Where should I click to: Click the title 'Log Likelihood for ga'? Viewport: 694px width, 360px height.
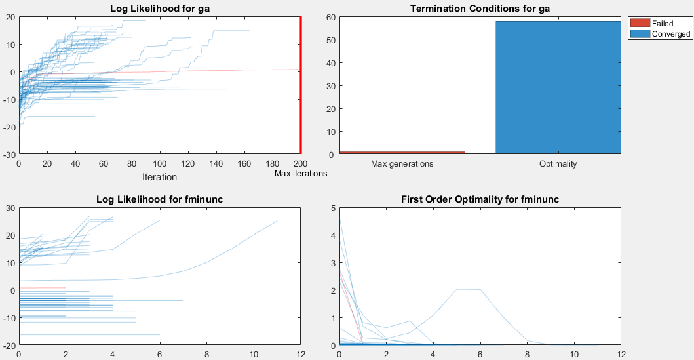[x=159, y=9]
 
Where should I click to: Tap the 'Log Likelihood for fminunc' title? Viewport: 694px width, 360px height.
[x=159, y=199]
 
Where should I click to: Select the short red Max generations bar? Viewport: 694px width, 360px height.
[x=402, y=152]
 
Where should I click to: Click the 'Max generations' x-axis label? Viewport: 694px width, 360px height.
[x=402, y=164]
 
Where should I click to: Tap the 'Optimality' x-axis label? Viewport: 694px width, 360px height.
[x=558, y=164]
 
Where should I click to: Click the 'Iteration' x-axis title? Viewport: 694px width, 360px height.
[x=159, y=176]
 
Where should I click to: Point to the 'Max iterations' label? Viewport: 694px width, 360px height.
[x=301, y=174]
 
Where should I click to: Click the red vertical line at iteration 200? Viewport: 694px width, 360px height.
[x=300, y=85]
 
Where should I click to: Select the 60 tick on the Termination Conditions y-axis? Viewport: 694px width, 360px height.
[x=331, y=17]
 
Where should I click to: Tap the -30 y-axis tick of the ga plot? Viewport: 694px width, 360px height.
[x=9, y=155]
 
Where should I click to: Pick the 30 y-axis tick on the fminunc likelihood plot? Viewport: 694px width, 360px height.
[x=10, y=208]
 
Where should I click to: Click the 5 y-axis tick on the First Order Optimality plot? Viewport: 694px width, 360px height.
[x=332, y=208]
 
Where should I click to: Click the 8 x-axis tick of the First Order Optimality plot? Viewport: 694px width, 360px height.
[x=526, y=354]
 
